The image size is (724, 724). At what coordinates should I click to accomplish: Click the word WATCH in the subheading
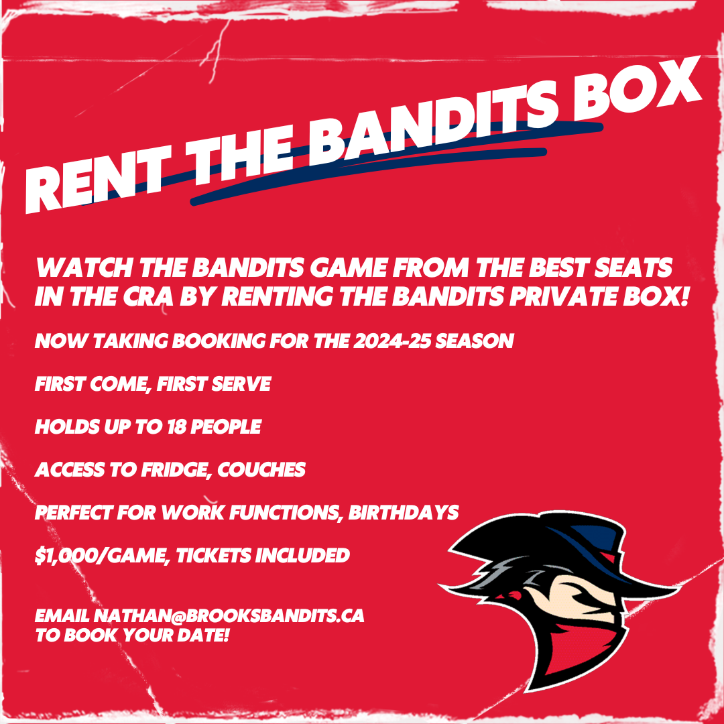84,267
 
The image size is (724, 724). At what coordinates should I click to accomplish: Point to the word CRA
148,296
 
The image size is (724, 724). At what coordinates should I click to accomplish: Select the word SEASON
474,341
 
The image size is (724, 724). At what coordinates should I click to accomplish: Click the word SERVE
241,384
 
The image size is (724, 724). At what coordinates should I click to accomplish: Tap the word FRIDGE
174,470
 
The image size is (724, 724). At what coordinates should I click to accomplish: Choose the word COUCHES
261,470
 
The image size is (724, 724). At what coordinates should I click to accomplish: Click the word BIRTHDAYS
403,513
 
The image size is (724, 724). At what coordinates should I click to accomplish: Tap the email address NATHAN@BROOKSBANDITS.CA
229,616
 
